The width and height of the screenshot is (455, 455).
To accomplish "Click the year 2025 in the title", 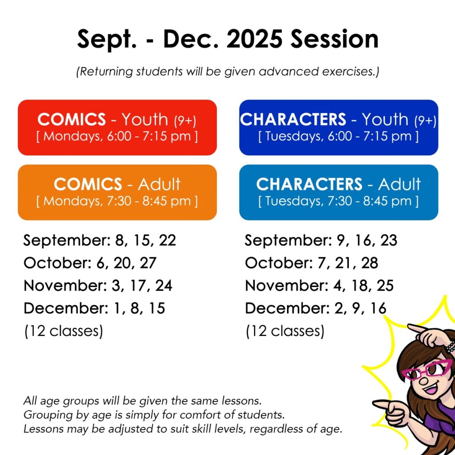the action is (x=254, y=39).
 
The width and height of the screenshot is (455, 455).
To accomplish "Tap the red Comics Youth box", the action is (x=117, y=128).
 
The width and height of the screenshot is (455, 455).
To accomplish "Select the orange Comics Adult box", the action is (x=117, y=192).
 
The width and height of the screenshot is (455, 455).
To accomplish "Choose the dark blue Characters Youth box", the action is (x=339, y=128).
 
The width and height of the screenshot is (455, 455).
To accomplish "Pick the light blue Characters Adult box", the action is (x=339, y=192).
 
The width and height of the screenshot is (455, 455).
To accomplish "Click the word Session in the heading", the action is (x=335, y=39).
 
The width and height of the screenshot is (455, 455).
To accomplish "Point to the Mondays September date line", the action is (x=100, y=240).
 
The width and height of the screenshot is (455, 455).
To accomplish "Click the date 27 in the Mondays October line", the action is (x=148, y=263).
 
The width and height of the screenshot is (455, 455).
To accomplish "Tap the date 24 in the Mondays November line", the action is (x=164, y=286).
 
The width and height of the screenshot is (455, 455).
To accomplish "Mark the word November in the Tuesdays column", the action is (x=287, y=286).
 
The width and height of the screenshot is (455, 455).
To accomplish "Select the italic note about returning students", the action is (x=227, y=72).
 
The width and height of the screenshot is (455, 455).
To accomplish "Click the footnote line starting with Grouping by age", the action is (x=154, y=415).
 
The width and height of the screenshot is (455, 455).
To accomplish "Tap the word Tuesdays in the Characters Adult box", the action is (x=292, y=201).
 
